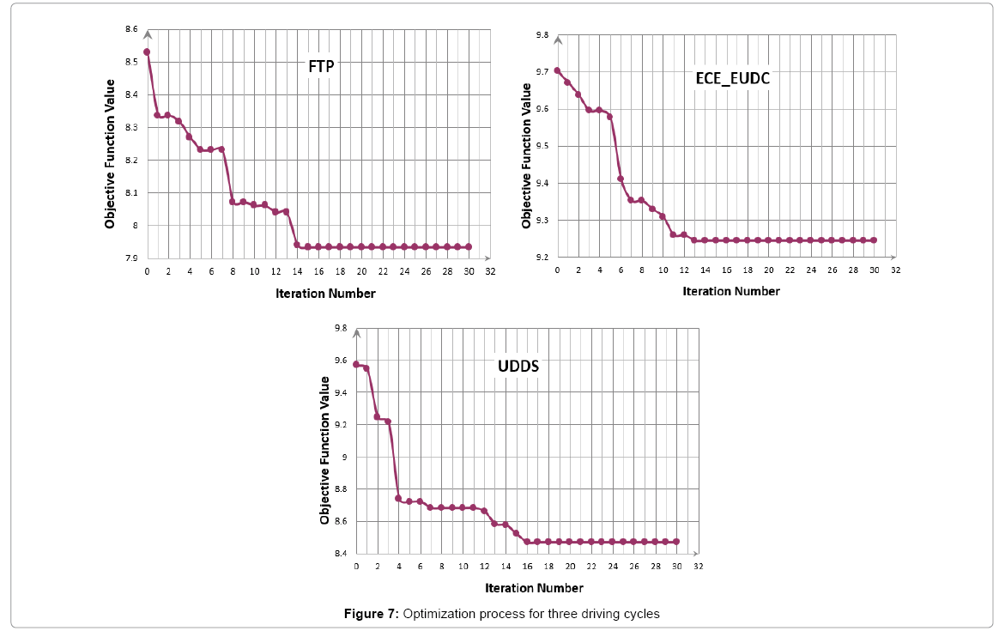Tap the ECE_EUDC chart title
[x=732, y=78]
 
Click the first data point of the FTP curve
[x=147, y=52]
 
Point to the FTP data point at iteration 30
[x=468, y=246]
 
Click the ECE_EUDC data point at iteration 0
[x=557, y=70]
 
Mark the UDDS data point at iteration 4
[x=398, y=498]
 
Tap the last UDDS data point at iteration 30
[x=676, y=542]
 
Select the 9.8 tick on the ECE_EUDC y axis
[x=542, y=35]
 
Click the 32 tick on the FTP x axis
[x=490, y=272]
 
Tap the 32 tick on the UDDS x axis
[x=698, y=567]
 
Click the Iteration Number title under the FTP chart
[x=325, y=294]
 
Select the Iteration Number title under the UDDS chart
[x=534, y=588]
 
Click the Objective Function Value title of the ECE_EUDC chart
[x=526, y=155]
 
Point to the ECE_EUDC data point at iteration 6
[x=621, y=179]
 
